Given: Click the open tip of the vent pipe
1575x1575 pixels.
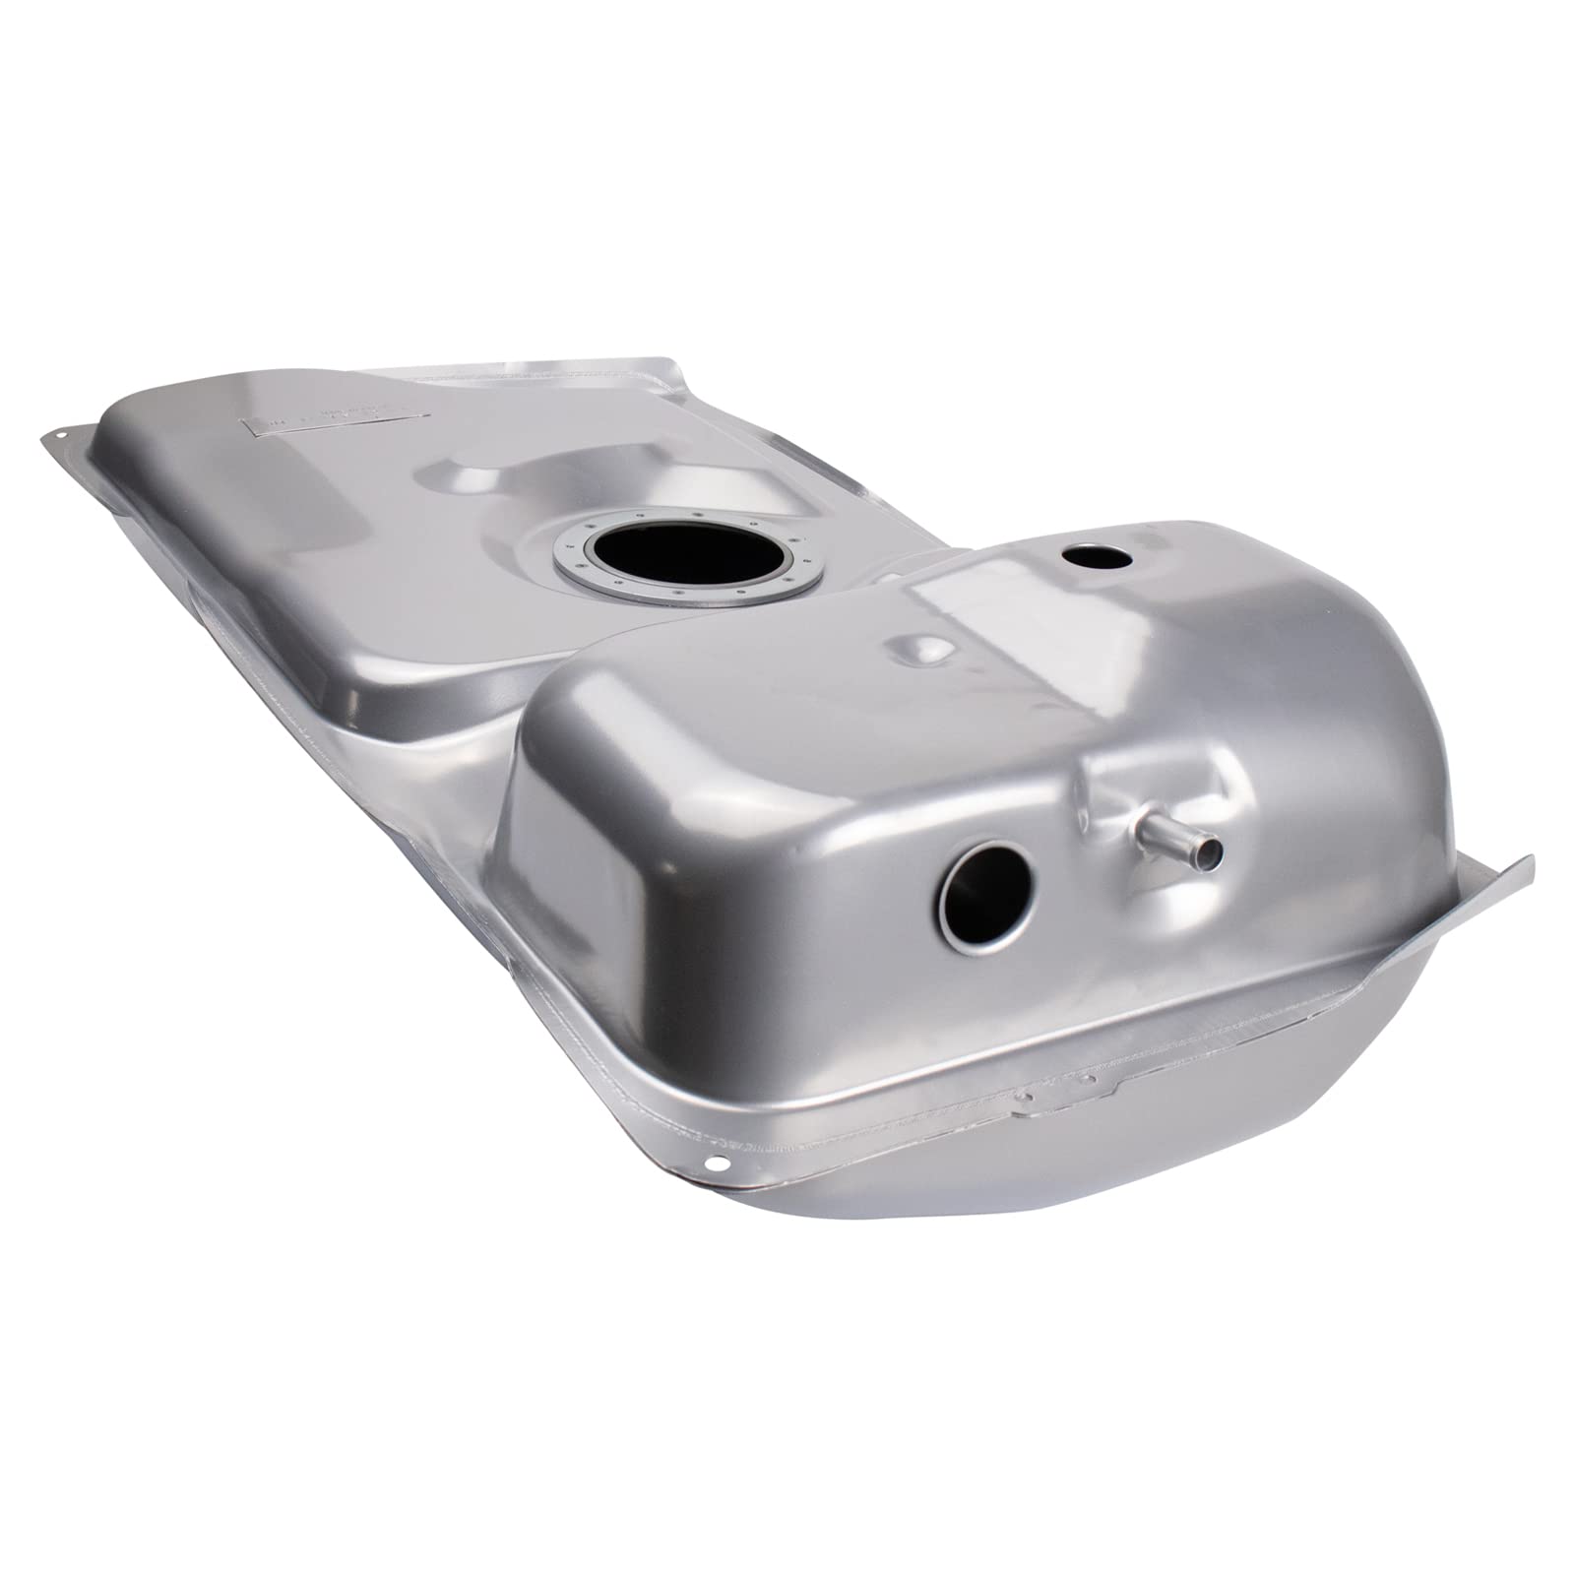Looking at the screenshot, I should (1209, 850).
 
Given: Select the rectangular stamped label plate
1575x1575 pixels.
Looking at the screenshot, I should (325, 423).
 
